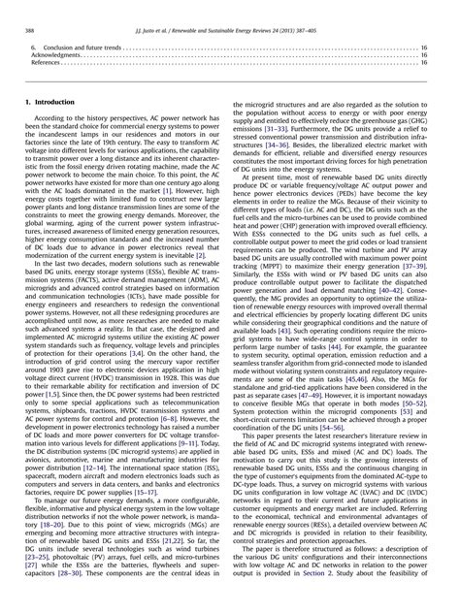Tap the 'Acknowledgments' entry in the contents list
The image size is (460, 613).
(x=53, y=55)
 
